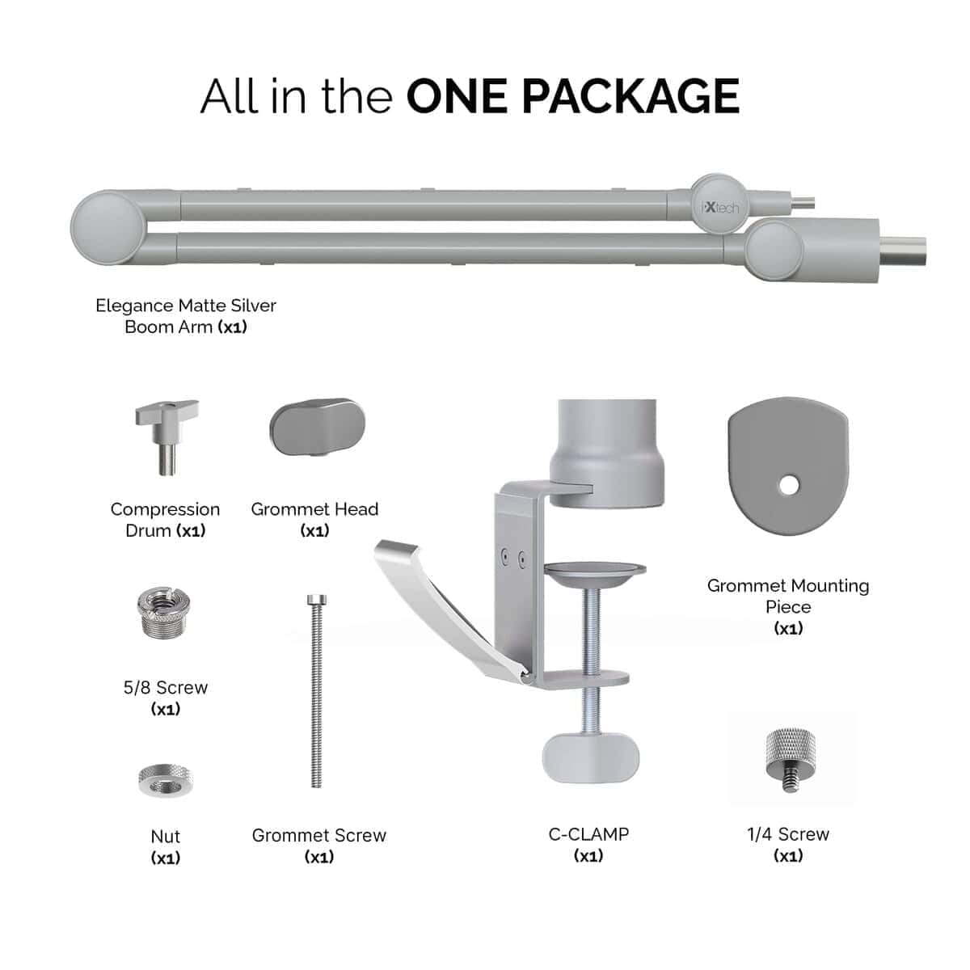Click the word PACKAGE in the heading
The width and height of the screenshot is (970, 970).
tap(630, 95)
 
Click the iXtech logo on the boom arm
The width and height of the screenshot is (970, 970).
tap(720, 207)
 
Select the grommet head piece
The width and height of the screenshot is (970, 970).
tap(317, 428)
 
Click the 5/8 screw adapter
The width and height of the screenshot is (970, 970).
tap(163, 612)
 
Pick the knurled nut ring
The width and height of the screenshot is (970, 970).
tap(165, 780)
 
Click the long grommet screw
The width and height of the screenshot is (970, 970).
tap(317, 691)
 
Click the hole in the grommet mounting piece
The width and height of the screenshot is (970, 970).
tap(789, 486)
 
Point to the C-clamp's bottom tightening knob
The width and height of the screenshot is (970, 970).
tap(590, 758)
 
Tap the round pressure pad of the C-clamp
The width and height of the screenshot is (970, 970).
tap(595, 574)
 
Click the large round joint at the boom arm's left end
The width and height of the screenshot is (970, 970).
tap(108, 228)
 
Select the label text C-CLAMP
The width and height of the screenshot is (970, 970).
tap(588, 834)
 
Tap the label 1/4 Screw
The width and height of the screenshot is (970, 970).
tap(788, 834)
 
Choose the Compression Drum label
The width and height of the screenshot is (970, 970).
tap(165, 520)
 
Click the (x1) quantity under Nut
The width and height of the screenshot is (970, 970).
tap(166, 858)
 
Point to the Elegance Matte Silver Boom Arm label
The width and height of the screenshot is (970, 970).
tap(186, 316)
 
